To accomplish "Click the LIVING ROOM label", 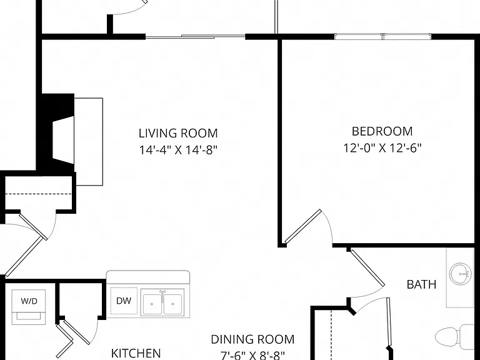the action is [178, 134].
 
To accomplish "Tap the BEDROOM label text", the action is [382, 131].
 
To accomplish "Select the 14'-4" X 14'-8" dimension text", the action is [178, 150].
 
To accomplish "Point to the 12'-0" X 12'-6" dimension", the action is [382, 148].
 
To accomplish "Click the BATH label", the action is [421, 284].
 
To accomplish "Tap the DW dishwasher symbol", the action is [124, 301].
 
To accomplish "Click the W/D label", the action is [29, 301].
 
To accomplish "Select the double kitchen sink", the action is [162, 302].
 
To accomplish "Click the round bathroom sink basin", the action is [459, 272].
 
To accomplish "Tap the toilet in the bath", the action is [454, 337].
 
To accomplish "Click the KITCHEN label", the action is [136, 353].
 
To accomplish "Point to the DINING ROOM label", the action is [252, 339].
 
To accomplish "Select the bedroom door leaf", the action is [303, 226].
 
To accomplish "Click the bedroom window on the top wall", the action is [382, 36].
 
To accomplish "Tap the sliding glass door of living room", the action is [195, 37].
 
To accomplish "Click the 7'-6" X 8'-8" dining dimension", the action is [252, 356].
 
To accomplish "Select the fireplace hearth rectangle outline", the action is [89, 141].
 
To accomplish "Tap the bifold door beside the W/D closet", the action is [65, 337].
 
